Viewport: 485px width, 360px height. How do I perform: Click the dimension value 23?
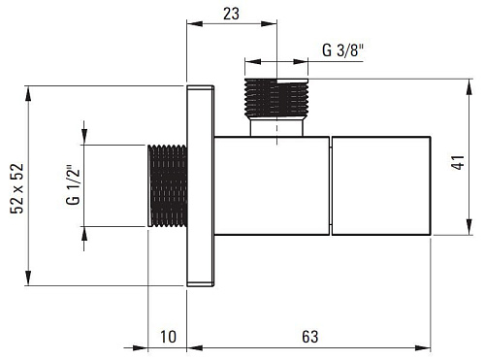pos(231,14)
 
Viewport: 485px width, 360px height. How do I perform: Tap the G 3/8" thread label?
pos(343,50)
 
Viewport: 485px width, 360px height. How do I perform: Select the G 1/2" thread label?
pos(73,185)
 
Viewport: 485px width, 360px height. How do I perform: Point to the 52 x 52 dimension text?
pos(16,188)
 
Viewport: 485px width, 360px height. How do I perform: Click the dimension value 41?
pos(459,162)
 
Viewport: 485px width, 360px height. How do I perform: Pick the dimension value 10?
pos(168,337)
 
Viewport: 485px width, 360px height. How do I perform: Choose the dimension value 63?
pos(310,337)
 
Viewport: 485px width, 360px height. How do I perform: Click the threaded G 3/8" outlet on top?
pos(276,97)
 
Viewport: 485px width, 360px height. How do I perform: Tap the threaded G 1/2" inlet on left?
pos(168,185)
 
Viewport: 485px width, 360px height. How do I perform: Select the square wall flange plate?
pos(200,186)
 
